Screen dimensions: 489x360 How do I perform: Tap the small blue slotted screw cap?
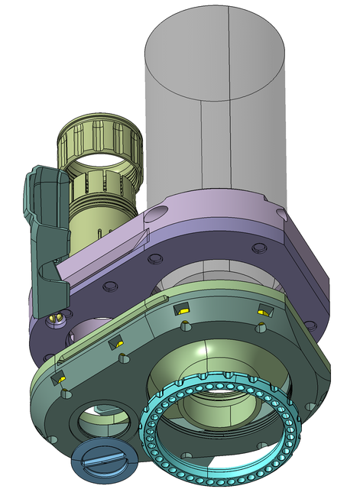(x=104, y=458)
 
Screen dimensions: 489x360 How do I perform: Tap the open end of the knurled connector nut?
(x=104, y=160)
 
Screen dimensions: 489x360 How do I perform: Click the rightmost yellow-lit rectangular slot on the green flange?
(x=265, y=310)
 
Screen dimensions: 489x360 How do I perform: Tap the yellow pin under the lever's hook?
(x=55, y=315)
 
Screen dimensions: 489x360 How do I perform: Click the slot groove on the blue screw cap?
(x=103, y=460)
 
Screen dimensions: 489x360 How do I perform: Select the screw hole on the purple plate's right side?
(x=258, y=248)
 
